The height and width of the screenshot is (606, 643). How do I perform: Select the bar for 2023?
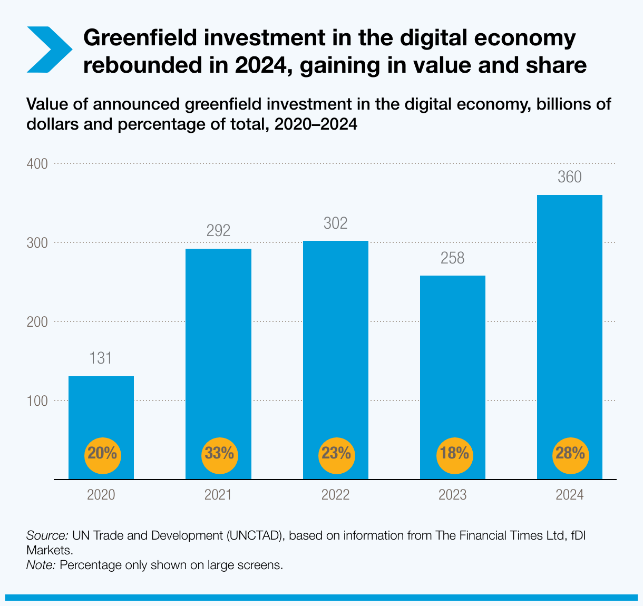tap(452, 358)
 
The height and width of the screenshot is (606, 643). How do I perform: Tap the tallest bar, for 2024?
tap(569, 316)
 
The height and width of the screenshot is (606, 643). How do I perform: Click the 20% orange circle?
tap(103, 453)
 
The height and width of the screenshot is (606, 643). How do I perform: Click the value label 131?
tap(100, 359)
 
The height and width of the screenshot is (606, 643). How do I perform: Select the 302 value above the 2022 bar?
tap(335, 223)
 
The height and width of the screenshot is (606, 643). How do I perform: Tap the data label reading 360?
tap(569, 178)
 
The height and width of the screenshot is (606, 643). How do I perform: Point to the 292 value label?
tap(218, 231)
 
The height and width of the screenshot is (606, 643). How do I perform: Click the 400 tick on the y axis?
tap(37, 164)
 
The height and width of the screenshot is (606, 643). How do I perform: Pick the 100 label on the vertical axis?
tap(37, 401)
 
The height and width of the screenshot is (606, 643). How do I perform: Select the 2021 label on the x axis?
tap(218, 495)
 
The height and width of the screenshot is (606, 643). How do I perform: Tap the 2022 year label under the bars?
tap(335, 495)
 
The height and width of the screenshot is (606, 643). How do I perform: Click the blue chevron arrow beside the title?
tap(48, 50)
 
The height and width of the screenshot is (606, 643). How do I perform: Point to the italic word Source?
tap(47, 536)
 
